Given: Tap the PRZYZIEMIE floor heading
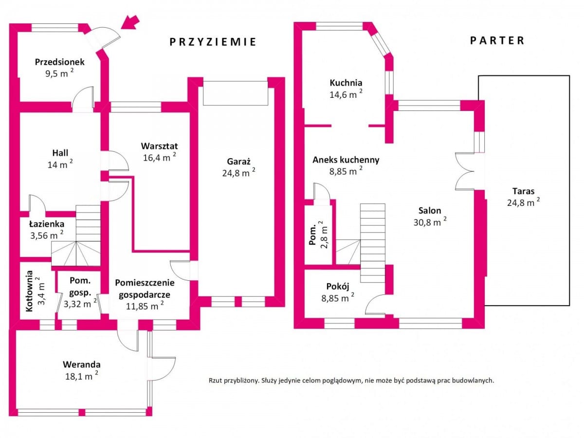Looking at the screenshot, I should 213,42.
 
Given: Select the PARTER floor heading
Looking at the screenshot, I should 497,40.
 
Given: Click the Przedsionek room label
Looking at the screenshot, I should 60,62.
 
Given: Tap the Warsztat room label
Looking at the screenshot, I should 159,146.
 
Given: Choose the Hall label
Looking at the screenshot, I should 60,152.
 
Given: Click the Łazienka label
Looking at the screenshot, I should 46,224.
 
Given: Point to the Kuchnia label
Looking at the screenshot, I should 346,83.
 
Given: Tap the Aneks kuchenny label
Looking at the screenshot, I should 346,160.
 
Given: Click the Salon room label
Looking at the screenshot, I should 430,211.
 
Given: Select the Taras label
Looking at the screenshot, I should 523,191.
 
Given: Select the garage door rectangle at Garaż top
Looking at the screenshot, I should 235,93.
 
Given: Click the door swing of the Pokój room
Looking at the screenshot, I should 375,305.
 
